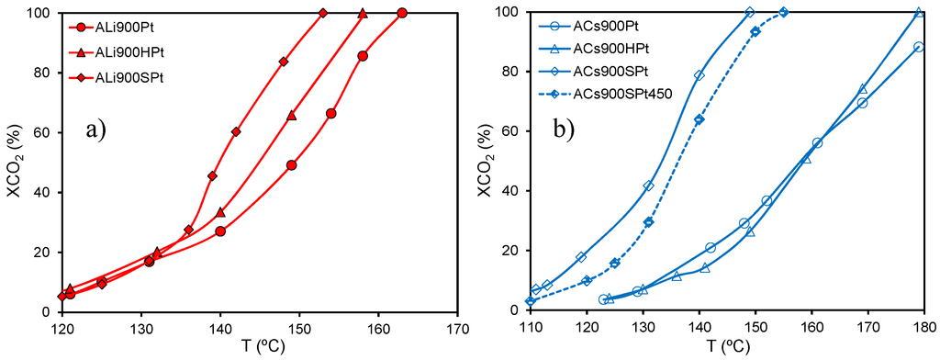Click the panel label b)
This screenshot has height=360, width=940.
click(x=563, y=129)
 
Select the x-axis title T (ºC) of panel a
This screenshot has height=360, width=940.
click(x=260, y=347)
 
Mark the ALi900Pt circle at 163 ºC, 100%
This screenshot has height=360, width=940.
click(x=402, y=13)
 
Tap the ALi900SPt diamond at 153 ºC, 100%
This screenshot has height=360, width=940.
click(x=323, y=13)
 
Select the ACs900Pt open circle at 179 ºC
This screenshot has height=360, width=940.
click(x=919, y=47)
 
